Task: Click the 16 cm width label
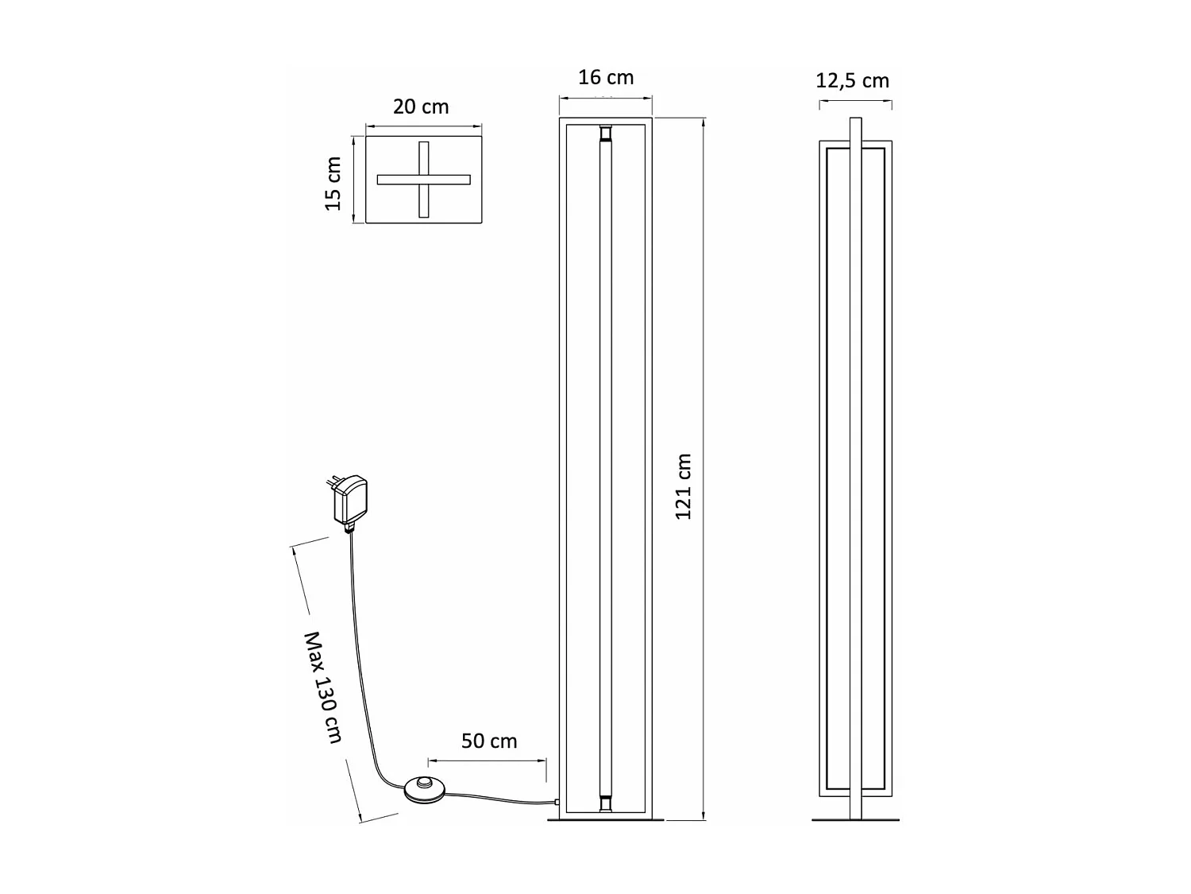(x=605, y=77)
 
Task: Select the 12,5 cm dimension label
(x=852, y=80)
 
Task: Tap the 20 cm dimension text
(x=421, y=106)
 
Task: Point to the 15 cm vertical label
(x=333, y=184)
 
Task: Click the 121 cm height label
(x=684, y=486)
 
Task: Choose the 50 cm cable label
(x=489, y=741)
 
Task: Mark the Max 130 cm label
(x=324, y=687)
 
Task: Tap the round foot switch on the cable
(x=426, y=787)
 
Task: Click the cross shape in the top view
(x=424, y=180)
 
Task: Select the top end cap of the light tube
(x=606, y=130)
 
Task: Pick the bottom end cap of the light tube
(x=606, y=804)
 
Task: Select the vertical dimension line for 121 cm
(x=703, y=469)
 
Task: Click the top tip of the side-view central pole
(x=855, y=121)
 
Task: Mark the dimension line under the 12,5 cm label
(x=855, y=101)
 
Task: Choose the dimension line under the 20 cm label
(x=423, y=125)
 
